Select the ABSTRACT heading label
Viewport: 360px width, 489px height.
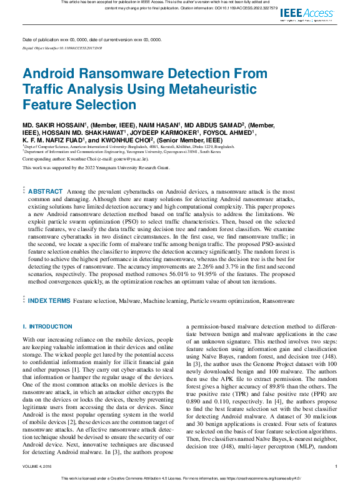46,191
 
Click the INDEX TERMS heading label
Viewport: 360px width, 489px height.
49,300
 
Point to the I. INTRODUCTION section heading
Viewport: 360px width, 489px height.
47,327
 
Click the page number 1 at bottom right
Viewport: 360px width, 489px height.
336,466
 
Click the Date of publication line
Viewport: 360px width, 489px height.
92,39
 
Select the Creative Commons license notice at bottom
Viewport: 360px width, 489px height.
180,479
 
